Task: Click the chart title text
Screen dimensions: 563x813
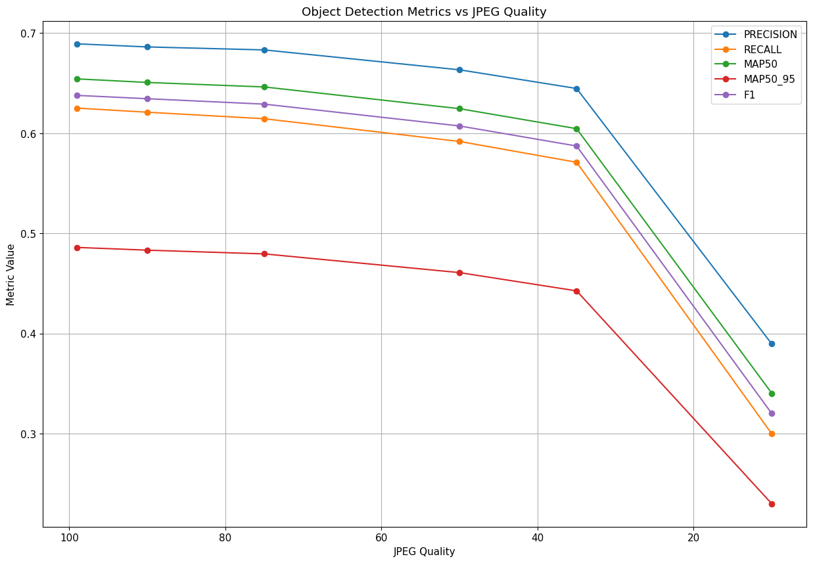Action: pyautogui.click(x=424, y=12)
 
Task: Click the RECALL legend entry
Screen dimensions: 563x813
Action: pyautogui.click(x=762, y=50)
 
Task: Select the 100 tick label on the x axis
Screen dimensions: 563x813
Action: pyautogui.click(x=69, y=537)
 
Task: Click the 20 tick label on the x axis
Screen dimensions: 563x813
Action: pyautogui.click(x=693, y=537)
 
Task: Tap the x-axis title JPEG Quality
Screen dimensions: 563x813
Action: pyautogui.click(x=424, y=552)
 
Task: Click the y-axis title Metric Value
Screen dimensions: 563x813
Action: pyautogui.click(x=11, y=275)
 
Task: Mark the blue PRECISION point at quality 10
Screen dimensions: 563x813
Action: pyautogui.click(x=772, y=344)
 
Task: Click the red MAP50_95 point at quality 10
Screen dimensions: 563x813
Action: pyautogui.click(x=772, y=504)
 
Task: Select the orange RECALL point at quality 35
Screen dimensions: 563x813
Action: pyautogui.click(x=576, y=162)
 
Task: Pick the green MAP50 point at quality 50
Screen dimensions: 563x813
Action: pyautogui.click(x=459, y=108)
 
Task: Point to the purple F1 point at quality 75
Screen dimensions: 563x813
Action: pyautogui.click(x=264, y=104)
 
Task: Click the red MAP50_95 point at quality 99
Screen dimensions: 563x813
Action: pyautogui.click(x=77, y=248)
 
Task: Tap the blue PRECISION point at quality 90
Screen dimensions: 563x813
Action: pyautogui.click(x=147, y=47)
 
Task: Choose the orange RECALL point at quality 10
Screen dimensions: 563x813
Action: pyautogui.click(x=772, y=434)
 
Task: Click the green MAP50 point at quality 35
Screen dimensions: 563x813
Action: pyautogui.click(x=576, y=129)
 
